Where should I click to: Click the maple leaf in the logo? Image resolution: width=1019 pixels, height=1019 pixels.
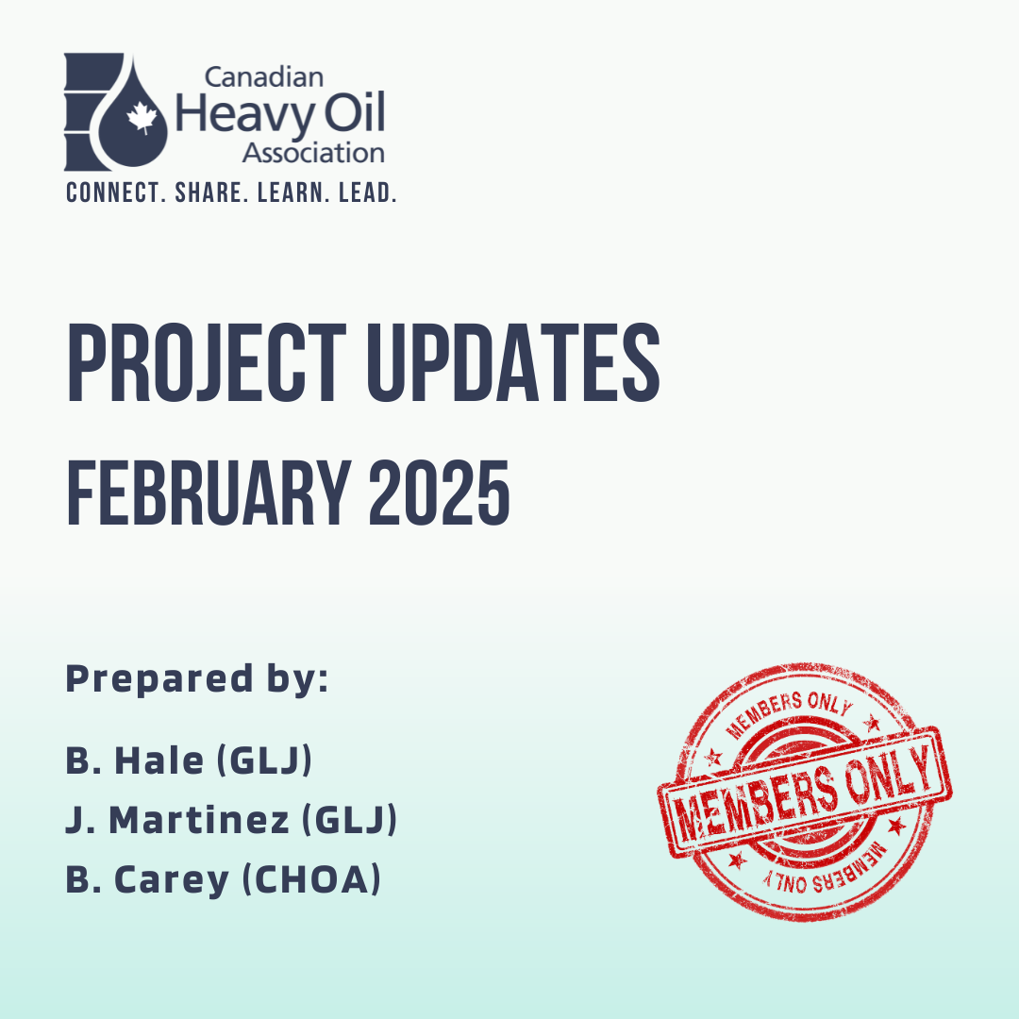[142, 118]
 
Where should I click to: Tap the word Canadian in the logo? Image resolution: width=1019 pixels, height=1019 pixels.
[264, 77]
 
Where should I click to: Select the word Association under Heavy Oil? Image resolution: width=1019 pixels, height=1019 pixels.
[313, 154]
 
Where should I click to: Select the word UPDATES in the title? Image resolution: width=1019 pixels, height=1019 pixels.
[513, 362]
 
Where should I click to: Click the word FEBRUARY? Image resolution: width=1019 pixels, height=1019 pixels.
[209, 492]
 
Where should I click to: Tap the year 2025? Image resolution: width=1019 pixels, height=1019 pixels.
[440, 492]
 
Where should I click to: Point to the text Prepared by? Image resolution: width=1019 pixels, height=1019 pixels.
[197, 679]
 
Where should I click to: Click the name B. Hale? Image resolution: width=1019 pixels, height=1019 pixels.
[135, 760]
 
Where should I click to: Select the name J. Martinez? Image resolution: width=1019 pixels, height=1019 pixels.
[177, 820]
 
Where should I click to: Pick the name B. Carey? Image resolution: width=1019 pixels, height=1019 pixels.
[147, 880]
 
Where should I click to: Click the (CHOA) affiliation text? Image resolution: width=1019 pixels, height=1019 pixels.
[311, 880]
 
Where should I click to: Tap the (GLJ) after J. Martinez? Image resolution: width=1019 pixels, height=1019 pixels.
[350, 820]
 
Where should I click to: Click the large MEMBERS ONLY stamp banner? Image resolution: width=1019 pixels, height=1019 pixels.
[805, 792]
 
